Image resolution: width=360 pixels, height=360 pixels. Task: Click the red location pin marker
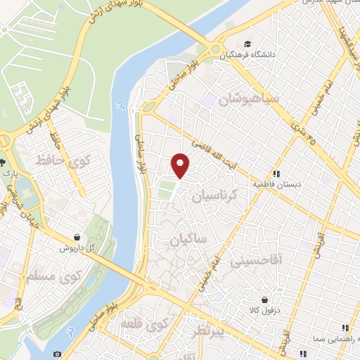click(181, 165)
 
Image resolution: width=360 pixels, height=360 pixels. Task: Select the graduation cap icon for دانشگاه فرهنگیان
click(245, 41)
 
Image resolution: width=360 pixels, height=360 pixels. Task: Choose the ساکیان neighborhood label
click(188, 240)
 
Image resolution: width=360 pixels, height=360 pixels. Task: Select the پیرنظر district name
click(200, 332)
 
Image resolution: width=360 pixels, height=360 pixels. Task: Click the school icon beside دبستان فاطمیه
click(276, 173)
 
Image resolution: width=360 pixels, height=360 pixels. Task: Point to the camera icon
click(57, 353)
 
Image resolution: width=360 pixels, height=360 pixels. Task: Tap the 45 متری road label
click(304, 131)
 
